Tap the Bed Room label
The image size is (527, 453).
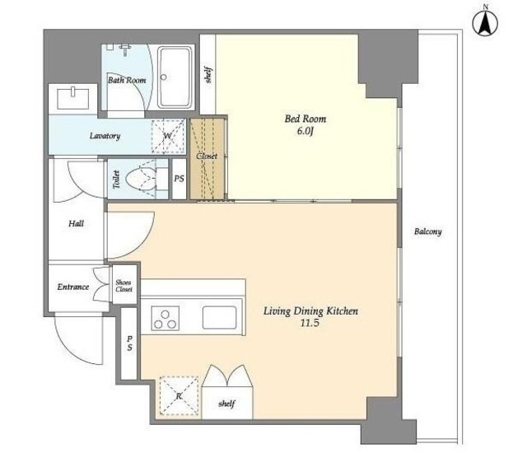pos(305,119)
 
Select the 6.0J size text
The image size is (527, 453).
pos(305,131)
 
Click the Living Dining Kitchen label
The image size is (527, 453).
pos(310,311)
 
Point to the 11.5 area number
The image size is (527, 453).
pos(310,324)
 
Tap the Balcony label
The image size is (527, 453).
pos(427,231)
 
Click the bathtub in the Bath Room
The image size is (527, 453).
pos(175,77)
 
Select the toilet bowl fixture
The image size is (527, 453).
pos(141,179)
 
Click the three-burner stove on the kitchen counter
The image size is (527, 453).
pos(165,318)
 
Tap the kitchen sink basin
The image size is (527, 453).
pos(219,318)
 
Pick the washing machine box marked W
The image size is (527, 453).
pos(168,136)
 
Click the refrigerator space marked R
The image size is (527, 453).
pos(179,396)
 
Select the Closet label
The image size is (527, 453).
pos(207,156)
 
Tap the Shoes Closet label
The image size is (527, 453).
pos(124,286)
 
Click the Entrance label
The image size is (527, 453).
pos(73,287)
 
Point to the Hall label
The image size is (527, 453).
pos(77,224)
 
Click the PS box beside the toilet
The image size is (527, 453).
pos(179,179)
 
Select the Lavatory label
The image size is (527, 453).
pos(105,136)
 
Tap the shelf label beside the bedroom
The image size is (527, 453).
pos(208,76)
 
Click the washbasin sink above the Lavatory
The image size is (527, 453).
pos(73,99)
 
